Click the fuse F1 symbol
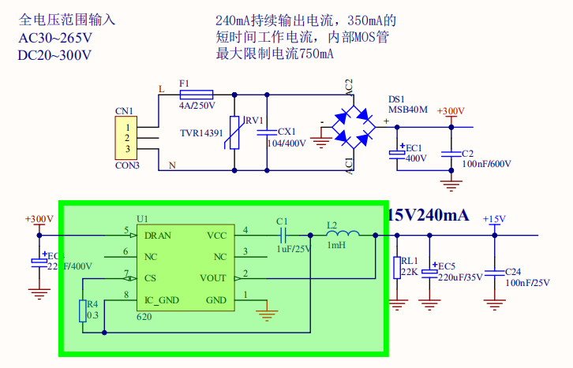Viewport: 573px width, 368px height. tap(197, 94)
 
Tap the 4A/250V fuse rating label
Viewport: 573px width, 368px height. tap(197, 105)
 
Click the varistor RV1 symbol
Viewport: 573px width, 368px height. tap(234, 132)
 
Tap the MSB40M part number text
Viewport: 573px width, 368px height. tap(408, 110)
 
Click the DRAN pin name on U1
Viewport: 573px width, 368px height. tap(157, 235)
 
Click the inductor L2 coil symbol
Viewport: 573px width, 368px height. tap(343, 234)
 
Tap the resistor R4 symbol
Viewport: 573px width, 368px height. tap(82, 311)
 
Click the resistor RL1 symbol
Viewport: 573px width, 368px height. tap(395, 268)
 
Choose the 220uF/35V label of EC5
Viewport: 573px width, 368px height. tap(460, 277)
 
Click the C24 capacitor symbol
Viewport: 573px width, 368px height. tap(495, 272)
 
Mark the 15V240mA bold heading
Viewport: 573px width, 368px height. tap(429, 215)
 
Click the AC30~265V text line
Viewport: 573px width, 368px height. tap(54, 38)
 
